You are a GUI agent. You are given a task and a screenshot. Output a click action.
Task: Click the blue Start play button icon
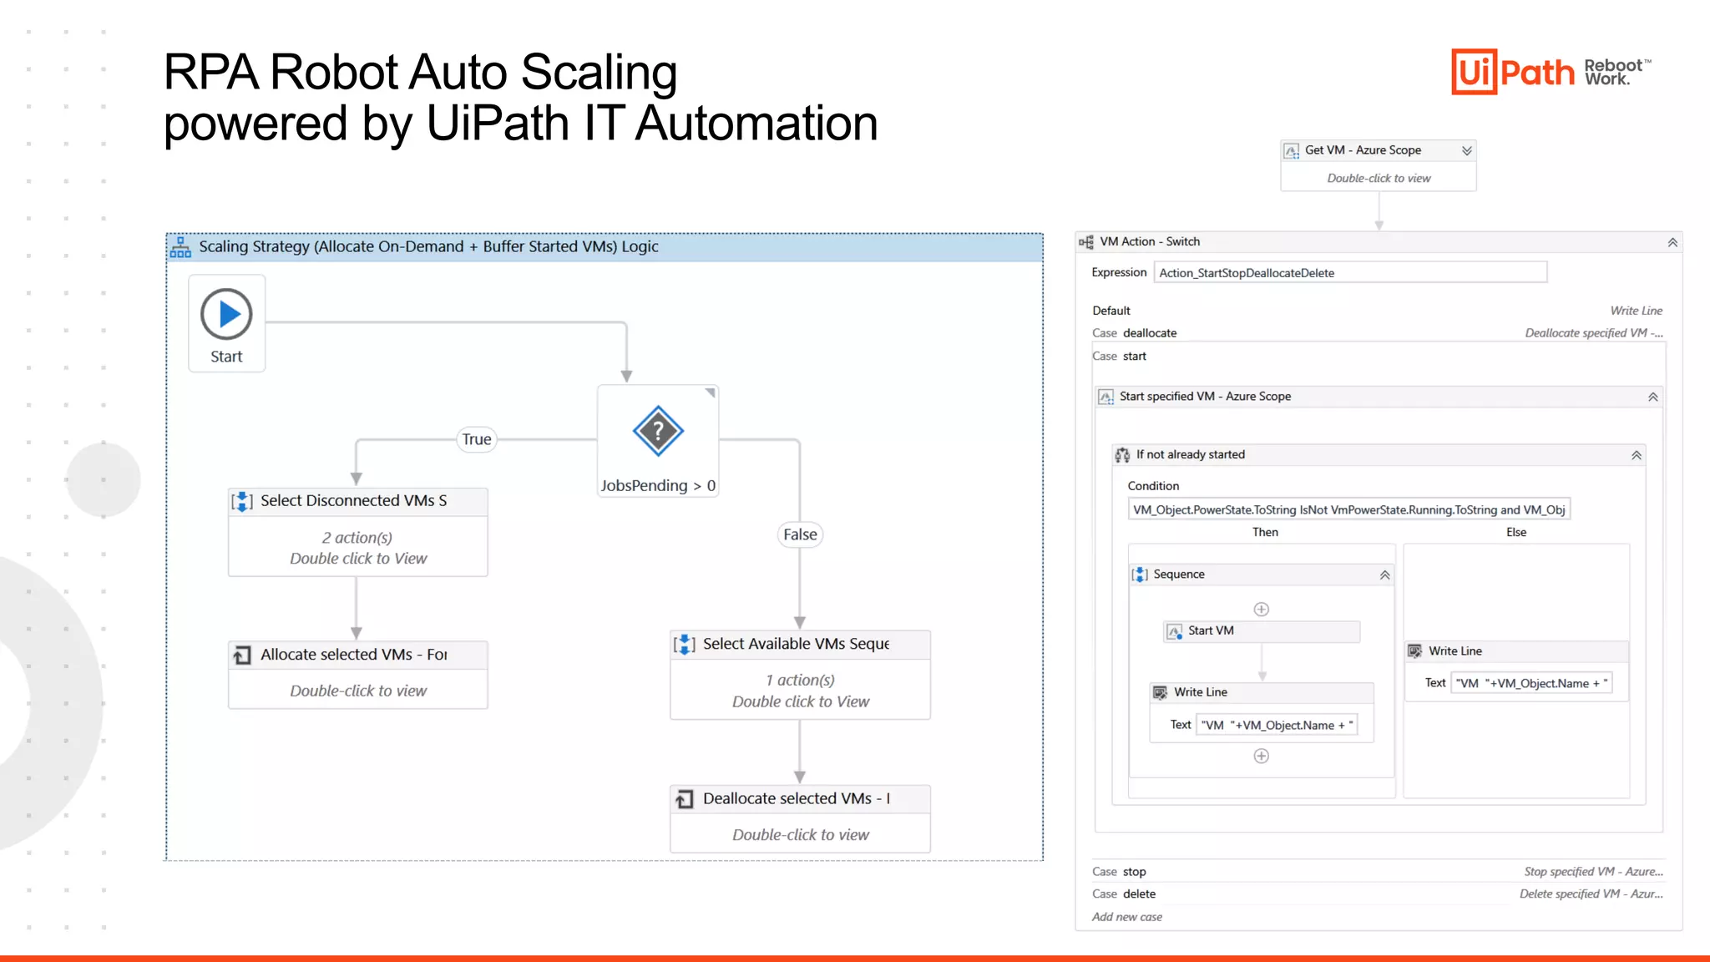(x=226, y=314)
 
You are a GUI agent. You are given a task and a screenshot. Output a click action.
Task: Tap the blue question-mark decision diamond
(x=658, y=431)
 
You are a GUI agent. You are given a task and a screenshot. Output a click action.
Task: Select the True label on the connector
(x=477, y=439)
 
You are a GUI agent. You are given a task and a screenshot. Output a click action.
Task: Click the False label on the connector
(x=800, y=534)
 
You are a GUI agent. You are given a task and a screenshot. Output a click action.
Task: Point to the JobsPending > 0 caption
(x=658, y=485)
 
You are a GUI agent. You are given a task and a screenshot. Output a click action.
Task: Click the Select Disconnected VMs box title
(x=353, y=501)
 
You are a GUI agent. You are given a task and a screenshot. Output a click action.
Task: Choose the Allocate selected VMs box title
(x=353, y=655)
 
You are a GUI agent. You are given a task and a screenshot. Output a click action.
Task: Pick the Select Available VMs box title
(x=796, y=644)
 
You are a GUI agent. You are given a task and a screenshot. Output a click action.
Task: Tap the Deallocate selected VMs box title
(x=796, y=799)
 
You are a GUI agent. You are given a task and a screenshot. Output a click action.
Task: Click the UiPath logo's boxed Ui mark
(x=1474, y=72)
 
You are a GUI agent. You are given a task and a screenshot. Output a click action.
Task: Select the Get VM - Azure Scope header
(x=1363, y=150)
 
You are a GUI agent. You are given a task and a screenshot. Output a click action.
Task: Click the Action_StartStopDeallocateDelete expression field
(x=1349, y=273)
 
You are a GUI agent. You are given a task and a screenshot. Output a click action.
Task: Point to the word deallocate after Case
(x=1150, y=333)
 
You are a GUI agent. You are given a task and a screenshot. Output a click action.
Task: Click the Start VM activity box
(x=1261, y=631)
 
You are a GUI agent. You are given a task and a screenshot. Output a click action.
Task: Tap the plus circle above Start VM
(x=1262, y=610)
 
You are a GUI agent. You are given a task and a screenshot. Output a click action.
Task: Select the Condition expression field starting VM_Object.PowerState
(x=1348, y=510)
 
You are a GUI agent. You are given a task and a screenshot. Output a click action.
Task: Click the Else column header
(x=1516, y=533)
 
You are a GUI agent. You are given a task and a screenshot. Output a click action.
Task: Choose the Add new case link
(x=1127, y=917)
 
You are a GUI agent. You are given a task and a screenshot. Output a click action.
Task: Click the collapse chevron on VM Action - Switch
(x=1672, y=242)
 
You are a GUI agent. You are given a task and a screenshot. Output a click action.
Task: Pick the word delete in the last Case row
(x=1140, y=894)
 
